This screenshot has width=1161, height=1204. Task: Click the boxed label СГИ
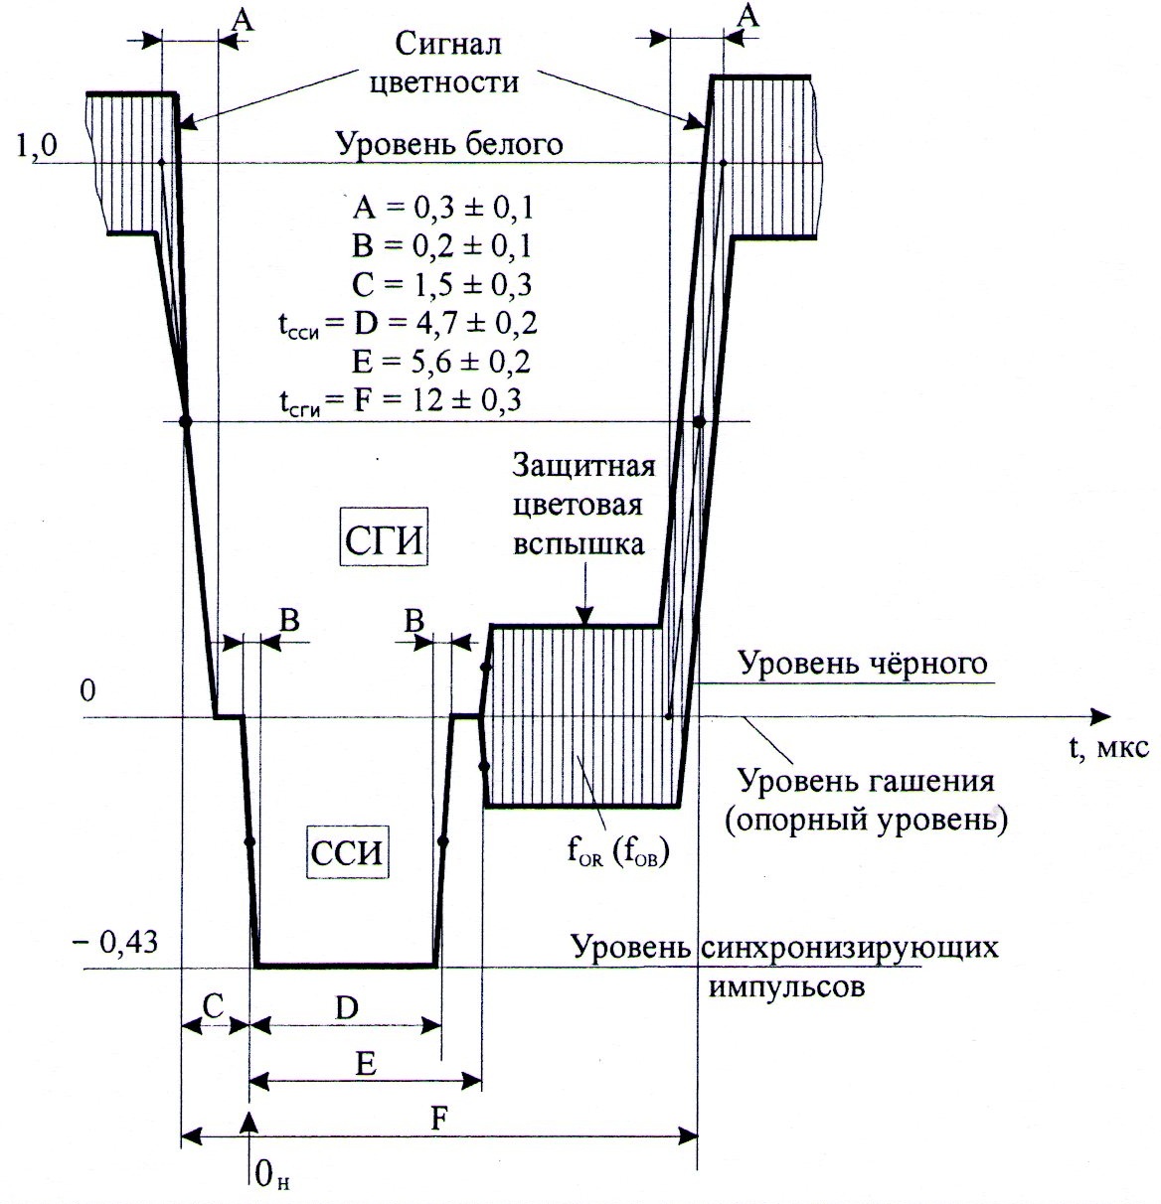tap(384, 538)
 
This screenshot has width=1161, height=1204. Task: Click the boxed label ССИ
tap(347, 853)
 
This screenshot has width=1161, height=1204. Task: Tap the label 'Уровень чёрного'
tap(863, 664)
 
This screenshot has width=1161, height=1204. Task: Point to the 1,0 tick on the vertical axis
tap(37, 147)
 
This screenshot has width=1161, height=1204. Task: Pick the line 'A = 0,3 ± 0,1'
tap(442, 209)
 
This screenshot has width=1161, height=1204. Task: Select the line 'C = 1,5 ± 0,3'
tap(442, 284)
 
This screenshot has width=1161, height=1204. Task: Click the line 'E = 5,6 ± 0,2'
tap(441, 362)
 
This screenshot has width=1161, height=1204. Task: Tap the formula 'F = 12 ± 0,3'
tap(437, 399)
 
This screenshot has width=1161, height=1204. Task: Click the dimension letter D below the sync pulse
tap(347, 1008)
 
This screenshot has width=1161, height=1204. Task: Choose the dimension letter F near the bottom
tap(439, 1119)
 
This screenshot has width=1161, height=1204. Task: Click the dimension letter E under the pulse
tap(365, 1064)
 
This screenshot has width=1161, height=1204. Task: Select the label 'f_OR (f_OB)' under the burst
tap(618, 853)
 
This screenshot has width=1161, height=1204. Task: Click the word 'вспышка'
tap(579, 544)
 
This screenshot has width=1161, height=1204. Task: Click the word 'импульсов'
tap(786, 987)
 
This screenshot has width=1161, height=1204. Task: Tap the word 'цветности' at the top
tap(444, 82)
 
